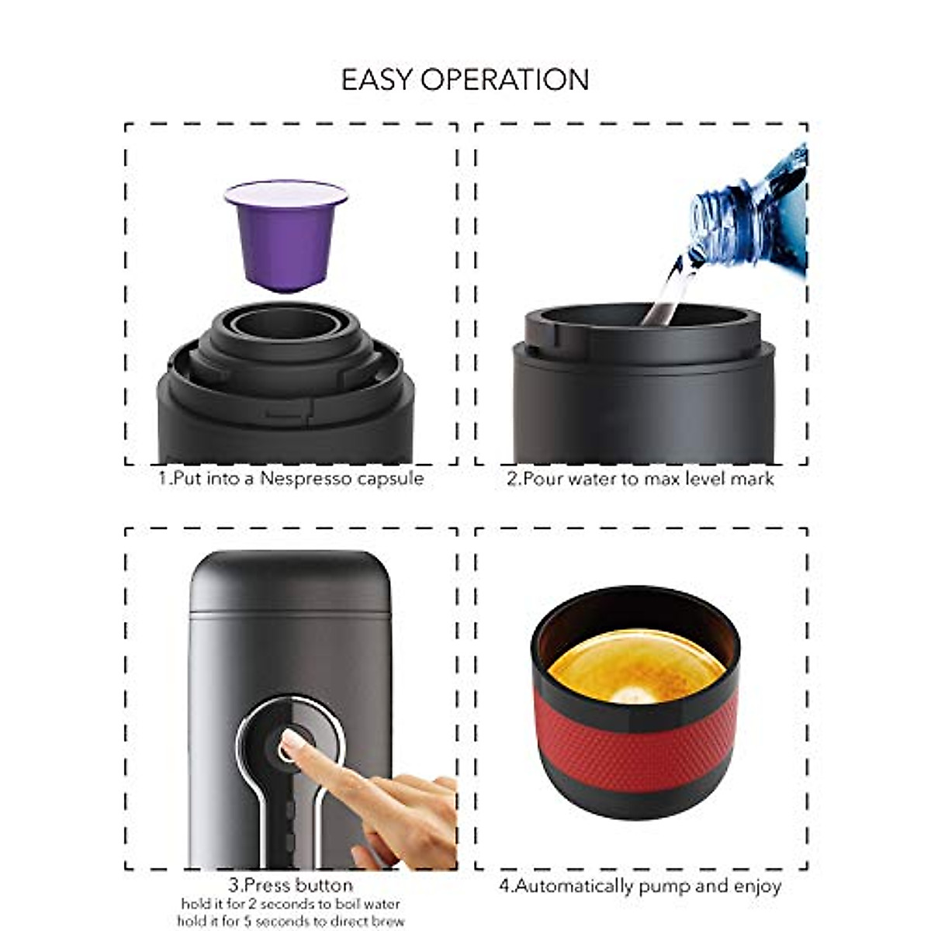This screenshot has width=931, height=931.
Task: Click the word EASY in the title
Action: (379, 80)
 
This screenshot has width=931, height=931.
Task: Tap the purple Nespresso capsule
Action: (286, 244)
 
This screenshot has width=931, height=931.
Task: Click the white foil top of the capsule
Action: (286, 193)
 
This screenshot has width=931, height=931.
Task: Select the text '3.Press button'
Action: (290, 885)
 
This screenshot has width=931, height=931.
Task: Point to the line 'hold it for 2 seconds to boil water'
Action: (290, 904)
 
